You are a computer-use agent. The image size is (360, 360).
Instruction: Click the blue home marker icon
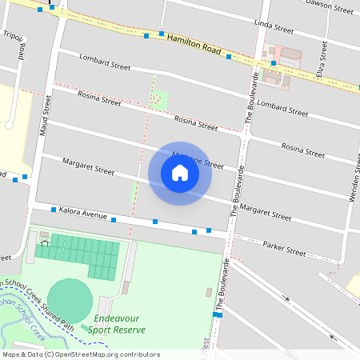point(180,173)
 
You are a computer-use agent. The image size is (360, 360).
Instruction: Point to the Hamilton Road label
point(194,43)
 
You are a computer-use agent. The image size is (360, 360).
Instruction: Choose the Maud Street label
point(46,115)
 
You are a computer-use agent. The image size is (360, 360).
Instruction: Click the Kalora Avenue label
point(82,215)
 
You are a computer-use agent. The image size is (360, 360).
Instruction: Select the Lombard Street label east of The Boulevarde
point(282,105)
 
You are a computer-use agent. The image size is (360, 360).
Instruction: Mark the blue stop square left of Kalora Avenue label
point(54,210)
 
